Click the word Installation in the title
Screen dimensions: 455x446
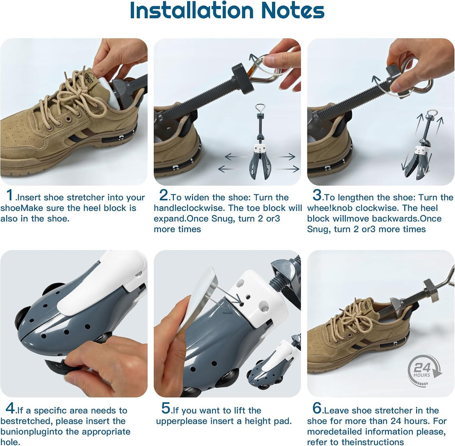pos(192,11)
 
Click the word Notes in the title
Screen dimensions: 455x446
pos(292,11)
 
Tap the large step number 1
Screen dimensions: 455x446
pos(10,195)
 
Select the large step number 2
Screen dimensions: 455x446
pos(164,195)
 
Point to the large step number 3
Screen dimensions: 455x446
pos(317,195)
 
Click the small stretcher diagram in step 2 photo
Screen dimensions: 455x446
pos(259,142)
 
